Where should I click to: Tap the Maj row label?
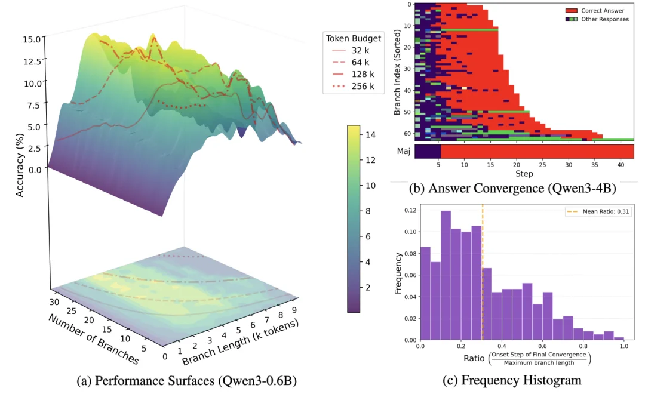404,152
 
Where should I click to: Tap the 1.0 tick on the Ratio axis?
623,346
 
